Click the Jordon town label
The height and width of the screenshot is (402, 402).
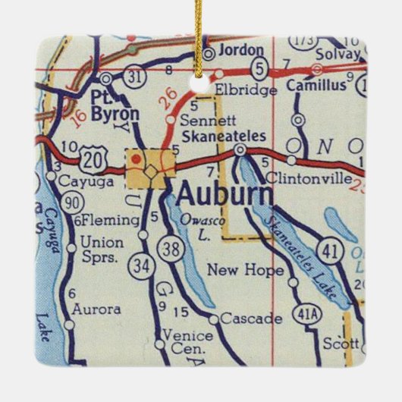240,50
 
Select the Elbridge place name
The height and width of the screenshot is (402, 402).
236,89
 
